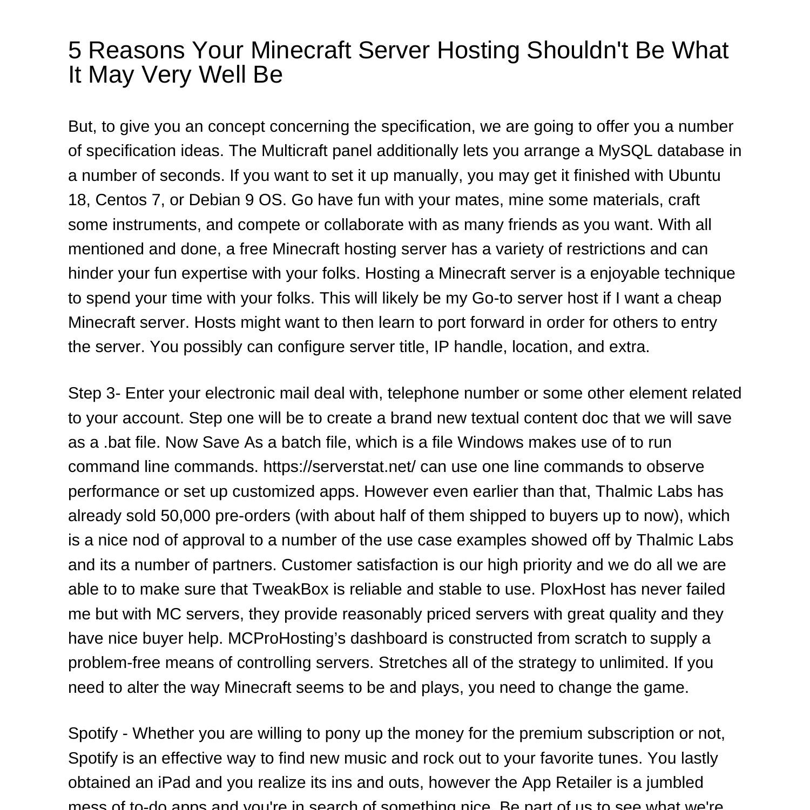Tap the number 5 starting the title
point(75,51)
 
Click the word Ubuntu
point(694,175)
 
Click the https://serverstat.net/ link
point(339,467)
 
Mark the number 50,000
point(185,516)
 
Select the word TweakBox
point(291,589)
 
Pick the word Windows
point(490,442)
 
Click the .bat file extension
point(117,442)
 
